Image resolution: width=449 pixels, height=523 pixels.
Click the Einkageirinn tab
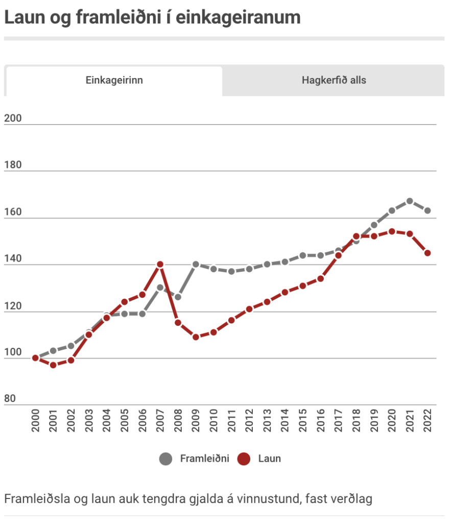[114, 81]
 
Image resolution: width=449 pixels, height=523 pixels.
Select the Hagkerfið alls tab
[334, 80]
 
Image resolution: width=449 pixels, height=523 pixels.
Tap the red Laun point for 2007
[160, 265]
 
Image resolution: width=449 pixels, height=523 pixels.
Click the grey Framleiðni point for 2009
[196, 265]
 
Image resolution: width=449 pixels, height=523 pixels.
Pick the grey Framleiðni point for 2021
[410, 201]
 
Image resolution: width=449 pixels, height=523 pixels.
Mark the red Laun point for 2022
[428, 253]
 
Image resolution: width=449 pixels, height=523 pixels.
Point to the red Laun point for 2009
[196, 337]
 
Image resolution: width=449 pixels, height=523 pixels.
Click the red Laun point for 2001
[53, 365]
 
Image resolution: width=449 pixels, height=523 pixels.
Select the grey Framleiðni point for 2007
[160, 288]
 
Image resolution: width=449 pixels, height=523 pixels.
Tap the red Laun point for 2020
[392, 231]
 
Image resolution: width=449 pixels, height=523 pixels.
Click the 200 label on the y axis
[13, 118]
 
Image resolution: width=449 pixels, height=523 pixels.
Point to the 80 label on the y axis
[10, 399]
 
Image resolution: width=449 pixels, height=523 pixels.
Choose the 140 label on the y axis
[13, 259]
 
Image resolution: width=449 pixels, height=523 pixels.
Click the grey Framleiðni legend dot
[166, 459]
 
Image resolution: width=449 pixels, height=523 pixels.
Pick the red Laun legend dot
[244, 459]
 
